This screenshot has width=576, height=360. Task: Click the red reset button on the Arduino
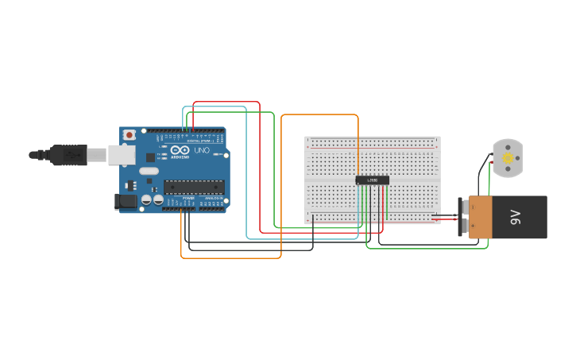129,136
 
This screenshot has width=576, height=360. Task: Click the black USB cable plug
68,154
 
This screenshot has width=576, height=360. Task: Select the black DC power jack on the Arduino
126,202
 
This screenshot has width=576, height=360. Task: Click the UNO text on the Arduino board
202,150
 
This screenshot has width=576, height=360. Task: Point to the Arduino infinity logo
180,150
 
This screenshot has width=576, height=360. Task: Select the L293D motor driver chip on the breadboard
372,180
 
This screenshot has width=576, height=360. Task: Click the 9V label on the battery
515,217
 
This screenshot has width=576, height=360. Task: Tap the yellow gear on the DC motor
508,159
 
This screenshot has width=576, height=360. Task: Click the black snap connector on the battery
463,217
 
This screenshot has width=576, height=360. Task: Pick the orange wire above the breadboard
318,115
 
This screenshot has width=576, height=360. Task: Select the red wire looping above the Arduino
226,103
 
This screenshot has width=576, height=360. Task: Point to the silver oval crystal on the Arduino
149,170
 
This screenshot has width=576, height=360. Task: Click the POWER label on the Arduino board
188,198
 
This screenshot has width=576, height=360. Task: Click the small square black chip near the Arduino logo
150,157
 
